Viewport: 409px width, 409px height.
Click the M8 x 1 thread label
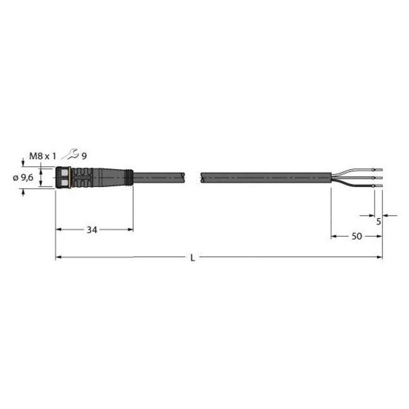(x=43, y=155)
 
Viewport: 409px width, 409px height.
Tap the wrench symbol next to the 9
(x=74, y=154)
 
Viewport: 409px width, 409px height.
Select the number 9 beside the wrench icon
(x=84, y=156)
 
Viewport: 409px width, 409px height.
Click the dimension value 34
(x=92, y=230)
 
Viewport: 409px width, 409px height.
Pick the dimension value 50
(x=357, y=236)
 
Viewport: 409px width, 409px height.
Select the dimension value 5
(x=378, y=222)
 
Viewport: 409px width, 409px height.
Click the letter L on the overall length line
(x=193, y=258)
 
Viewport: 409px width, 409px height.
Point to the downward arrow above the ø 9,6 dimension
(x=23, y=163)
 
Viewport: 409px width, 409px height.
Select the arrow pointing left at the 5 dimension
(x=386, y=215)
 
